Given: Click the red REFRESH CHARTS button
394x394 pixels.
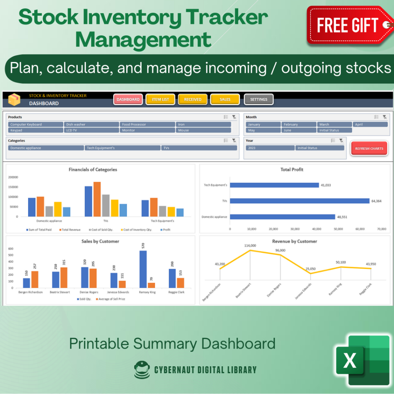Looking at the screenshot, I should click(x=369, y=149).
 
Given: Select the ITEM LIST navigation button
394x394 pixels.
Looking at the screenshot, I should click(x=160, y=99).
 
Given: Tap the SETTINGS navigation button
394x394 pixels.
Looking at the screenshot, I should click(x=259, y=99).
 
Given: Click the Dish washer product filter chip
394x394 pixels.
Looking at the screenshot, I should click(x=92, y=124).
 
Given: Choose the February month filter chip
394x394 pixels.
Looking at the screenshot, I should click(x=299, y=124).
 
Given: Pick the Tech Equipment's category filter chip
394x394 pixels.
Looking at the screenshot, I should click(x=122, y=148).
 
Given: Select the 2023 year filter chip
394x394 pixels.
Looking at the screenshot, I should click(x=270, y=148).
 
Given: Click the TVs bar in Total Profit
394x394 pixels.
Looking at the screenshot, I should click(x=299, y=201).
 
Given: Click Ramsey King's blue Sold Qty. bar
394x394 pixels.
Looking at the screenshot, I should click(x=143, y=269).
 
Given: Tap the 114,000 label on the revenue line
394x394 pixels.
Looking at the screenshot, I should click(x=250, y=245).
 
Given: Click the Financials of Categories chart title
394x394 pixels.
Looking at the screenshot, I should click(x=93, y=169).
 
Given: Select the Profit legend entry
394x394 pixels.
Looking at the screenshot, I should click(x=166, y=230).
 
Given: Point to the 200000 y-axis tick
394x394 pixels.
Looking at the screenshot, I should click(x=13, y=177).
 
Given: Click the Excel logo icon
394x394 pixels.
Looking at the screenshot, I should click(x=362, y=359).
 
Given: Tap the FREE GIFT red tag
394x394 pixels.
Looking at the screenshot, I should click(x=348, y=25).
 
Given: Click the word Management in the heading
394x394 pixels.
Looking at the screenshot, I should click(x=143, y=40).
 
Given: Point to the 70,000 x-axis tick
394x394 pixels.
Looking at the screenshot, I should click(x=381, y=229).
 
